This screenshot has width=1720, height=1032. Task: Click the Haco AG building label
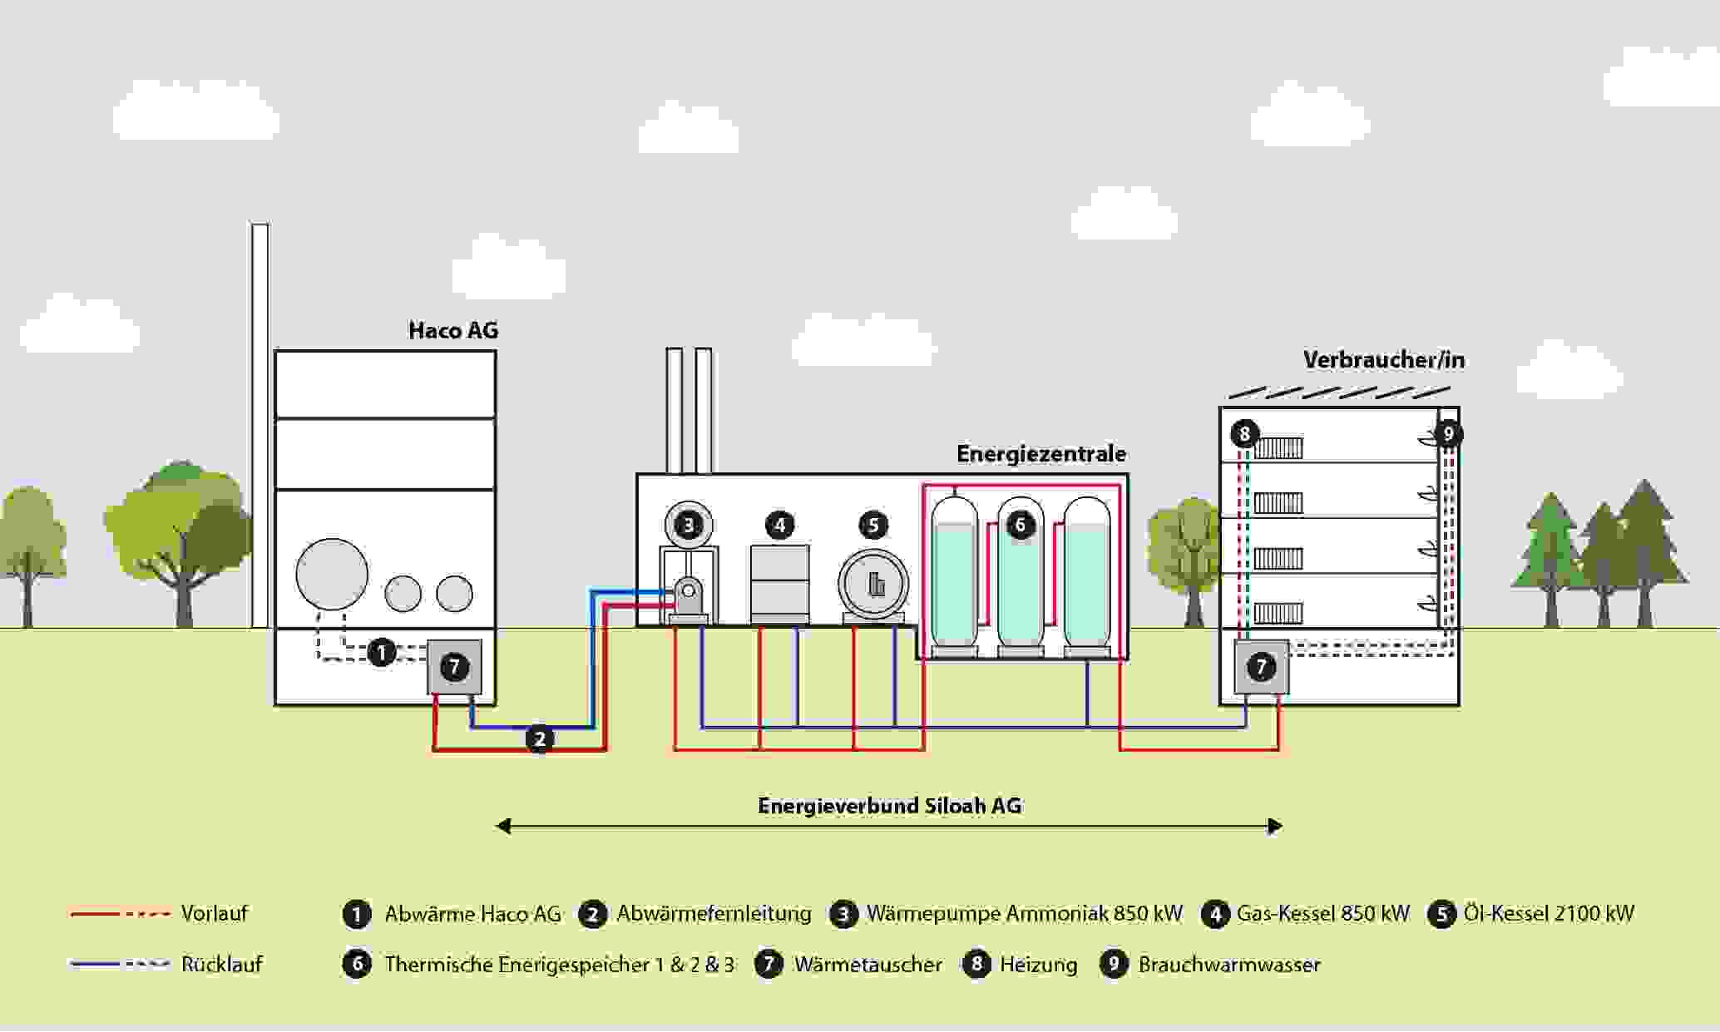tap(453, 330)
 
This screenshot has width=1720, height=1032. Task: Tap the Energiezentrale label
tap(1040, 453)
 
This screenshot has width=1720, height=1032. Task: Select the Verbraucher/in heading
tap(1383, 360)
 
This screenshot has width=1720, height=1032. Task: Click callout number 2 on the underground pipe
tap(540, 738)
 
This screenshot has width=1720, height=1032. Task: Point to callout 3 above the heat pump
tap(689, 525)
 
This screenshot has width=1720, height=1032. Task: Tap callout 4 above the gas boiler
tap(779, 525)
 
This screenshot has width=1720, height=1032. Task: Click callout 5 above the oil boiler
tap(873, 525)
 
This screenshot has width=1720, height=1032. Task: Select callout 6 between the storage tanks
tap(1021, 525)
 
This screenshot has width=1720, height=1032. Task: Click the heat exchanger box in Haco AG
tap(454, 667)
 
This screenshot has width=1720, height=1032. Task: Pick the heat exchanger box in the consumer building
tap(1261, 667)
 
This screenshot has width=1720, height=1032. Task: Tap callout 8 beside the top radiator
tap(1244, 433)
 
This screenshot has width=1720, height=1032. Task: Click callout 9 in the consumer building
tap(1448, 433)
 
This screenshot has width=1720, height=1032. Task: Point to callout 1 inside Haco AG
tap(382, 652)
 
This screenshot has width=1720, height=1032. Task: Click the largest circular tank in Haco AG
tap(332, 575)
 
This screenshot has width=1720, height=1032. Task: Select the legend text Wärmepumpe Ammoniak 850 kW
tap(1024, 914)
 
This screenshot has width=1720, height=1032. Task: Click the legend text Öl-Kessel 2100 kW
tap(1549, 914)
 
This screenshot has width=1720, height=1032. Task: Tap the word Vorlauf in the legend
tap(215, 913)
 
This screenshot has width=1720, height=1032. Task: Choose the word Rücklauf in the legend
tap(222, 965)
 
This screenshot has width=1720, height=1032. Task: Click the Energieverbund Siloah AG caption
tap(889, 806)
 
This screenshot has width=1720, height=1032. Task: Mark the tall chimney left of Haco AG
tap(260, 424)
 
